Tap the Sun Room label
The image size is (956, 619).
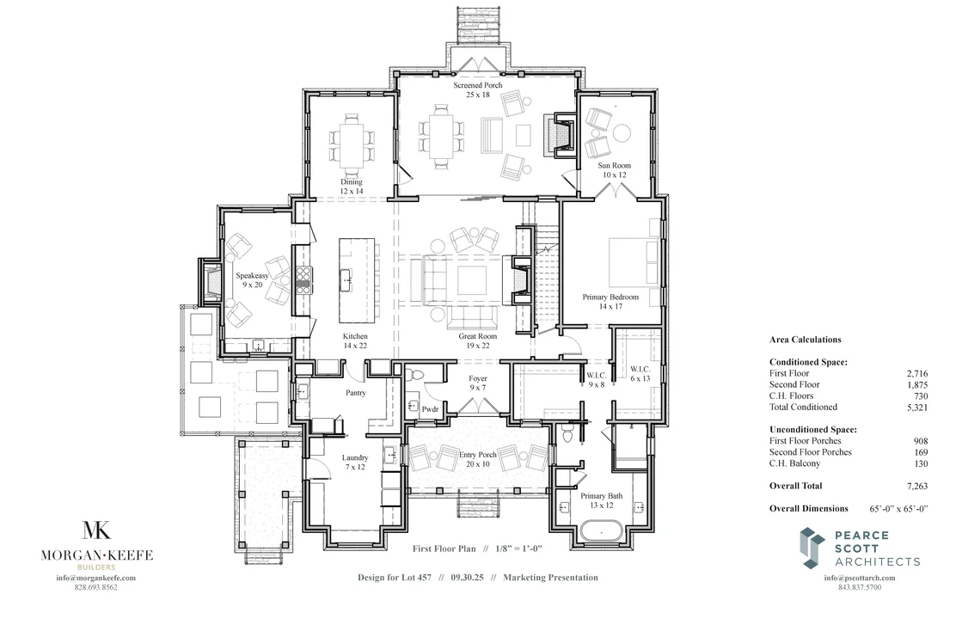click(x=615, y=169)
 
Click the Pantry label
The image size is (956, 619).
click(x=356, y=393)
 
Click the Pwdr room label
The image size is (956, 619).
click(x=430, y=410)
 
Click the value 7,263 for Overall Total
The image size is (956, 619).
click(x=916, y=486)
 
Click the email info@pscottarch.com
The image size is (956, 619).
click(x=852, y=578)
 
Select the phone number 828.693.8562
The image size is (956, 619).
click(x=96, y=587)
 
